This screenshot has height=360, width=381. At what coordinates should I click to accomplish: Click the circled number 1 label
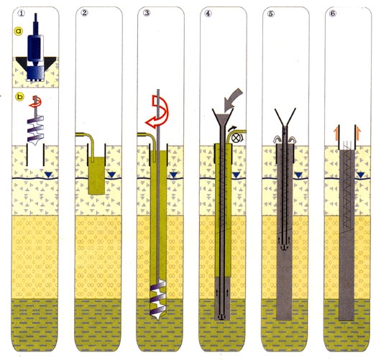click(x=21, y=13)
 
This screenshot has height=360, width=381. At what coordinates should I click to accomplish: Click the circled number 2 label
click(x=84, y=13)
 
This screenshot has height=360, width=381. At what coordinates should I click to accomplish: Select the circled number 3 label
click(x=147, y=13)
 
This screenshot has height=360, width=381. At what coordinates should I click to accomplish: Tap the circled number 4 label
click(x=208, y=13)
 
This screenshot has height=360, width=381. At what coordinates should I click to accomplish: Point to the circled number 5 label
click(x=271, y=14)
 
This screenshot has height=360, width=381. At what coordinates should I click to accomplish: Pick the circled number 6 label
click(x=332, y=13)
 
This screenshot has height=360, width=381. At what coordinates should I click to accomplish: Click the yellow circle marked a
click(x=19, y=31)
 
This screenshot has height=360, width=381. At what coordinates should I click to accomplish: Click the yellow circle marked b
click(x=19, y=97)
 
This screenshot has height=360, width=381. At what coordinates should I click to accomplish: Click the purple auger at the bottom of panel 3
click(x=158, y=300)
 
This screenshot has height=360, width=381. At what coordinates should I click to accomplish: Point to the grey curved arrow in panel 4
click(x=233, y=98)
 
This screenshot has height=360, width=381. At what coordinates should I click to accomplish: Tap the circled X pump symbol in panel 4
click(x=235, y=138)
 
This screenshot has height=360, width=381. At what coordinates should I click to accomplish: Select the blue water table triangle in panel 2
click(x=111, y=175)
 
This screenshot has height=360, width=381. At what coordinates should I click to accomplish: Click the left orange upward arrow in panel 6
click(x=336, y=134)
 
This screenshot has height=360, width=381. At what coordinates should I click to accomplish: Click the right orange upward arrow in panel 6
click(x=358, y=134)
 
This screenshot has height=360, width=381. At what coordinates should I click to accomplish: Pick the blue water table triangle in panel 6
click(x=361, y=175)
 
